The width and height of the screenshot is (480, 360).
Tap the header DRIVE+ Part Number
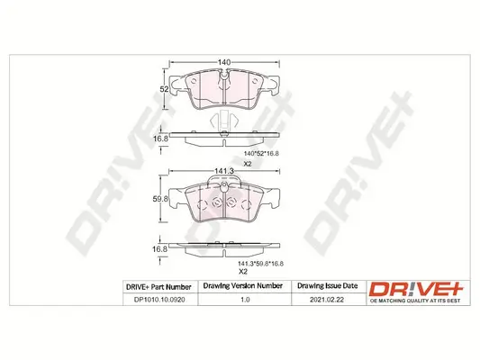coord(149,287)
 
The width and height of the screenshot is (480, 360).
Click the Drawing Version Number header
coord(233,287)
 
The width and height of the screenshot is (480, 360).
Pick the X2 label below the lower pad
coord(241,272)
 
